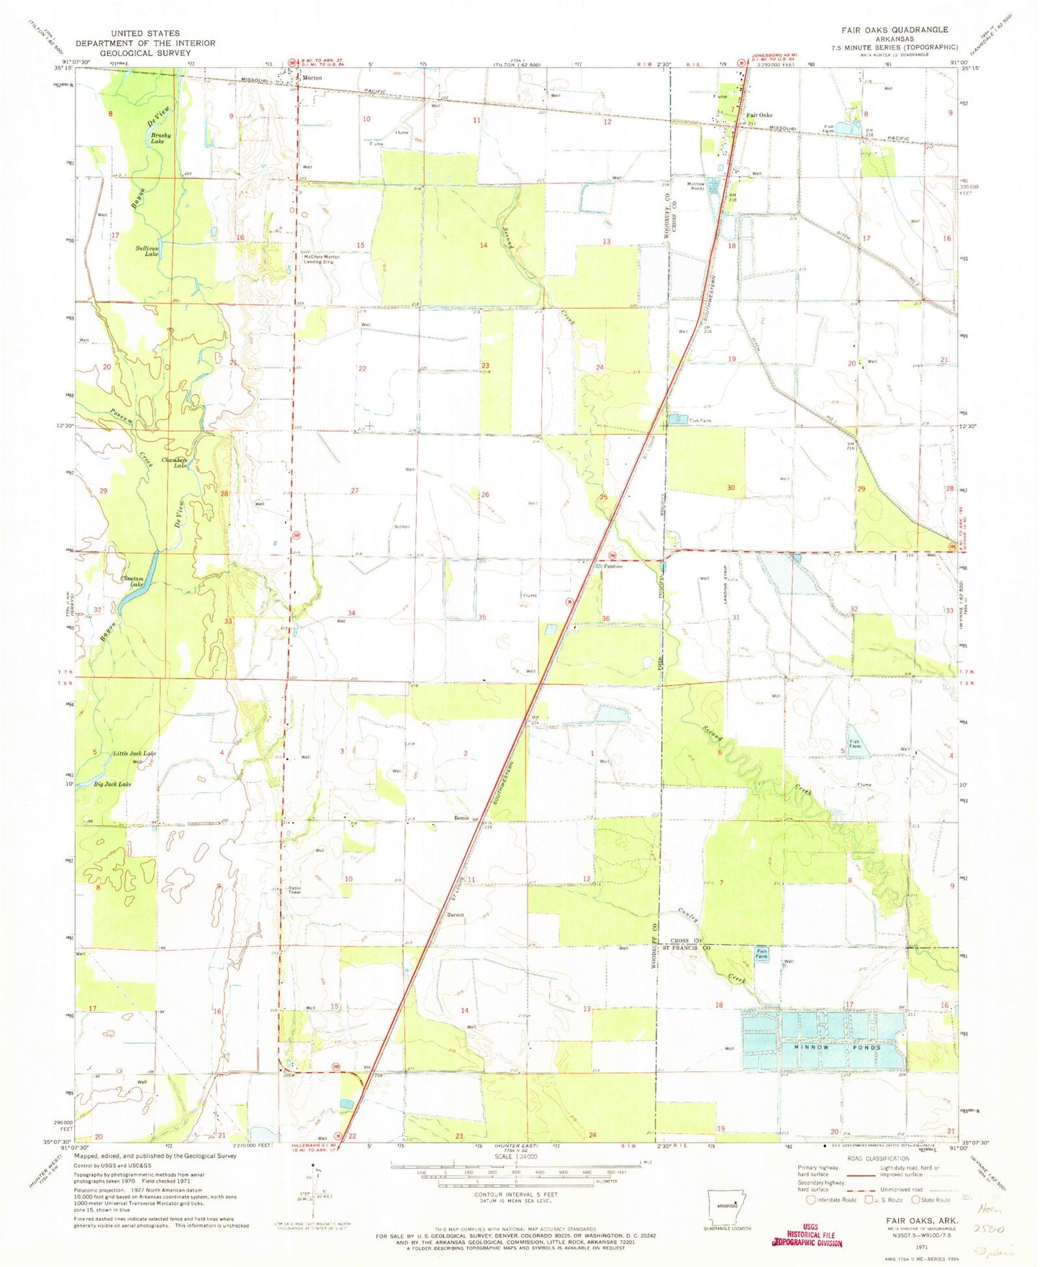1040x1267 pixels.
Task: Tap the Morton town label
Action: coord(312,77)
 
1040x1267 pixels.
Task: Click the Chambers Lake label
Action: coord(175,463)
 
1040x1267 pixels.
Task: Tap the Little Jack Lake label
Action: coord(135,753)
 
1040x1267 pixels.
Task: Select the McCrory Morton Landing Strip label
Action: coord(322,259)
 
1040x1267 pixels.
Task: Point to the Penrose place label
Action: coord(613,566)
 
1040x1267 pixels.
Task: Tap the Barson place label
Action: coord(456,915)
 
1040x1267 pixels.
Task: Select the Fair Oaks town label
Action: coord(759,115)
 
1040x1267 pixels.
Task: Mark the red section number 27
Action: coord(354,491)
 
